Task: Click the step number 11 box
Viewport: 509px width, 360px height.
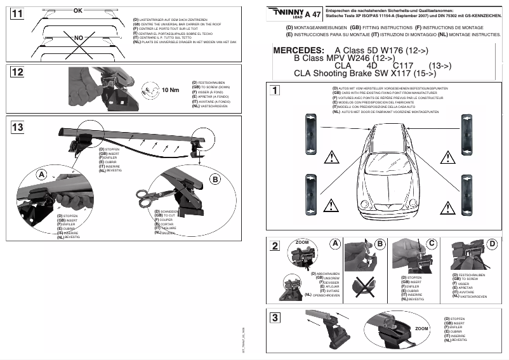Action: point(17,13)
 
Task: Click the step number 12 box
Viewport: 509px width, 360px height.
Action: point(17,72)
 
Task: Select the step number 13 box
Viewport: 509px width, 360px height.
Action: point(17,128)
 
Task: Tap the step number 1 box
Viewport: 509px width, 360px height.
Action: point(275,90)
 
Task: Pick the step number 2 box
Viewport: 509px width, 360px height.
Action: point(275,246)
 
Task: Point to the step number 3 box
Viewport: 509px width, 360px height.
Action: point(275,317)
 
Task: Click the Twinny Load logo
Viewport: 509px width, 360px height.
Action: point(286,12)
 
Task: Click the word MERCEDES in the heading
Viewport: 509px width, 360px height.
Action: point(297,50)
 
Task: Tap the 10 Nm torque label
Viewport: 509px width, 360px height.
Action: point(169,90)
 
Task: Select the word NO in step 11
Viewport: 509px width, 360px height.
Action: point(79,38)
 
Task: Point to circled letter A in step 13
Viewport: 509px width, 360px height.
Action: point(41,174)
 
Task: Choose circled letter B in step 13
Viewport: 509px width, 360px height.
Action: point(215,180)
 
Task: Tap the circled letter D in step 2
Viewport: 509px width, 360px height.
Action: point(492,243)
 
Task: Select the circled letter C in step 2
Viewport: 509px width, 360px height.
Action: point(432,243)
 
